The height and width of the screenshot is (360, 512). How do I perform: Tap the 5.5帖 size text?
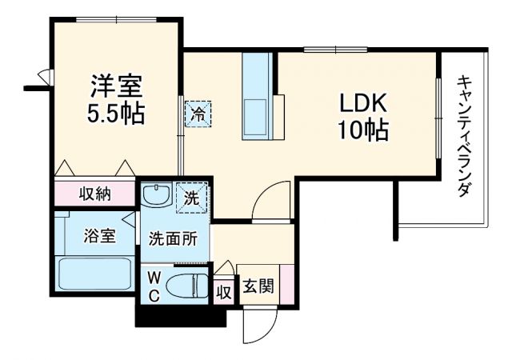[115, 114]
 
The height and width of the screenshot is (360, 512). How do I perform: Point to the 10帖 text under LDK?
[365, 130]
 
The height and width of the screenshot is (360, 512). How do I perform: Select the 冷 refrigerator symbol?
[198, 113]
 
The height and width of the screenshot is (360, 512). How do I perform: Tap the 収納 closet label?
[94, 193]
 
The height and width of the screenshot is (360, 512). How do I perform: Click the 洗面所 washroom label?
[171, 238]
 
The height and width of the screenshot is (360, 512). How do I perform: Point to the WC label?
[156, 286]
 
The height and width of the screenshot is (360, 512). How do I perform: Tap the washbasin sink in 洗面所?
[156, 194]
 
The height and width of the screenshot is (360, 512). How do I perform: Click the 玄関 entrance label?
[257, 286]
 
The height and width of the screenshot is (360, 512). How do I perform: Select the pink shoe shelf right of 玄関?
[286, 282]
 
